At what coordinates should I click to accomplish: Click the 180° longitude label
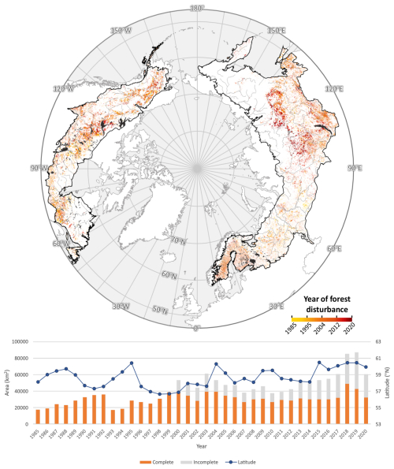pyautogui.click(x=197, y=8)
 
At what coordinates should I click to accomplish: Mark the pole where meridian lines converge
pyautogui.click(x=197, y=168)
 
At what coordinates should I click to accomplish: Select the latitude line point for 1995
pyautogui.click(x=131, y=363)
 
